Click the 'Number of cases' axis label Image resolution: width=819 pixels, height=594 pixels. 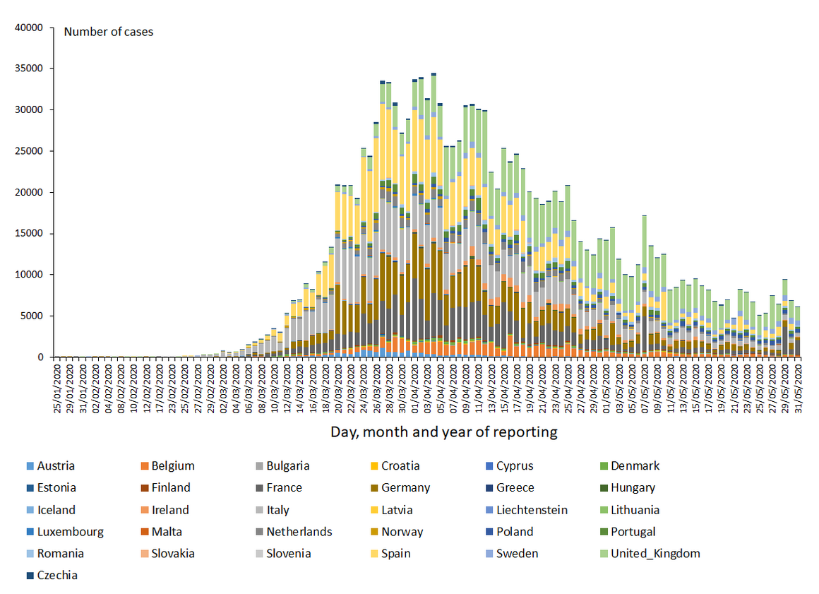[x=108, y=32]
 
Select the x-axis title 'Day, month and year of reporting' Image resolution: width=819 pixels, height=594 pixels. [x=444, y=432]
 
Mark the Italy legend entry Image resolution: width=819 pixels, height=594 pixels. [x=273, y=510]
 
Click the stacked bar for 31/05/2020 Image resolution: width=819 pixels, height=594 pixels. [x=798, y=332]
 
